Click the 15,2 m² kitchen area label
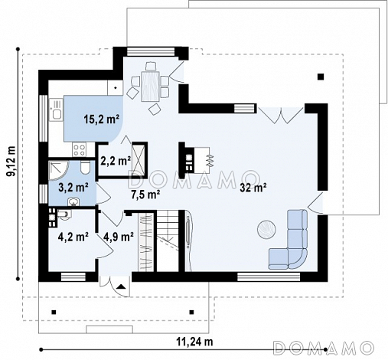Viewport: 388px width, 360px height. [101, 119]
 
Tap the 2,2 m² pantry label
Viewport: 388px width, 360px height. [116, 161]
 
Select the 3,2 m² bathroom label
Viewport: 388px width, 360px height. [73, 188]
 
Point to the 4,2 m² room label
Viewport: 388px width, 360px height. [73, 237]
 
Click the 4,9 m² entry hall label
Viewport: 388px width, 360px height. [119, 237]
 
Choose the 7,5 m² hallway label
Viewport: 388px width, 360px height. [145, 195]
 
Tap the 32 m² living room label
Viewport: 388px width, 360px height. [253, 188]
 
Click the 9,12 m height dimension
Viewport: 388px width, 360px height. [11, 162]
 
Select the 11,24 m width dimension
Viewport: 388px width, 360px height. [194, 342]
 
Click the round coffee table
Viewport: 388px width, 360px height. [266, 229]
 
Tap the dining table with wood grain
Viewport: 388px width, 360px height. [150, 87]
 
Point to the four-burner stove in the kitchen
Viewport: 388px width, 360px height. [80, 149]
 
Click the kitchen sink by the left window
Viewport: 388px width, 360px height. [56, 110]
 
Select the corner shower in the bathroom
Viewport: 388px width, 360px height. [58, 171]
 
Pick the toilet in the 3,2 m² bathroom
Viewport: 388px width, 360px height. [84, 168]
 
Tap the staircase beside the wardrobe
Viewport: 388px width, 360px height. [168, 241]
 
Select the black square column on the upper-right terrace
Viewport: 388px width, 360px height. [321, 77]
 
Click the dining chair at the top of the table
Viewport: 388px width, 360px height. [151, 66]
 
